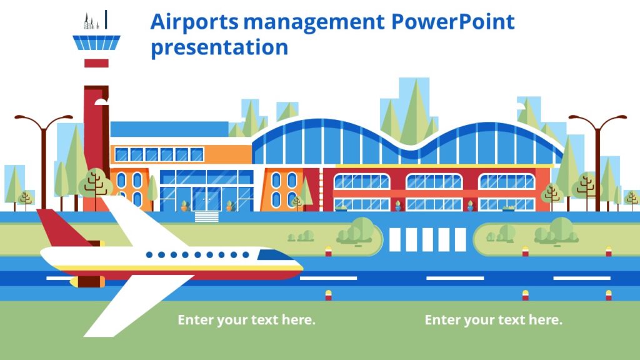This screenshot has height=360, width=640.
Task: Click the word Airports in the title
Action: pyautogui.click(x=194, y=22)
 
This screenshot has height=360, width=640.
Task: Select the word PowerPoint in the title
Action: pyautogui.click(x=452, y=22)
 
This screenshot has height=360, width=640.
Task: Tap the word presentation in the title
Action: pyautogui.click(x=219, y=47)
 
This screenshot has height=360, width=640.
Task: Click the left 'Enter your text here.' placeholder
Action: pyautogui.click(x=246, y=320)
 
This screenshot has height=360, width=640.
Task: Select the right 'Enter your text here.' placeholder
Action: pyautogui.click(x=493, y=320)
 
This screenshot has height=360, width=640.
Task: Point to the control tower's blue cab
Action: pyautogui.click(x=96, y=43)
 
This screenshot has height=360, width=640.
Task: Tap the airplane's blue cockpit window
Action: pyautogui.click(x=274, y=255)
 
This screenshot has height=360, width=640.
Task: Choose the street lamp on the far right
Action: pyautogui.click(x=597, y=156)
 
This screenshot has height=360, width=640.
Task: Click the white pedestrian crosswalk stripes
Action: pyautogui.click(x=427, y=240)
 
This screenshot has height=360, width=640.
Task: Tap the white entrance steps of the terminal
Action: pyautogui.click(x=207, y=216)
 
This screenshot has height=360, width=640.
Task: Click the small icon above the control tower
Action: pyautogui.click(x=96, y=21)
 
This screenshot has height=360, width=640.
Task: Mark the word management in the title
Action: pyautogui.click(x=314, y=22)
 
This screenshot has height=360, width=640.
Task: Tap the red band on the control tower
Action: pyautogui.click(x=96, y=63)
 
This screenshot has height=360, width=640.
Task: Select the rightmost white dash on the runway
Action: pyautogui.click(x=581, y=278)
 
